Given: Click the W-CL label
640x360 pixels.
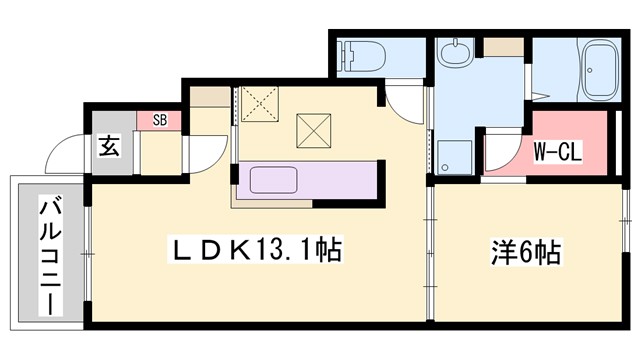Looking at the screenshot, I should (557, 151).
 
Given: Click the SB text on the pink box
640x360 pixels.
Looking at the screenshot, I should (159, 120).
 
